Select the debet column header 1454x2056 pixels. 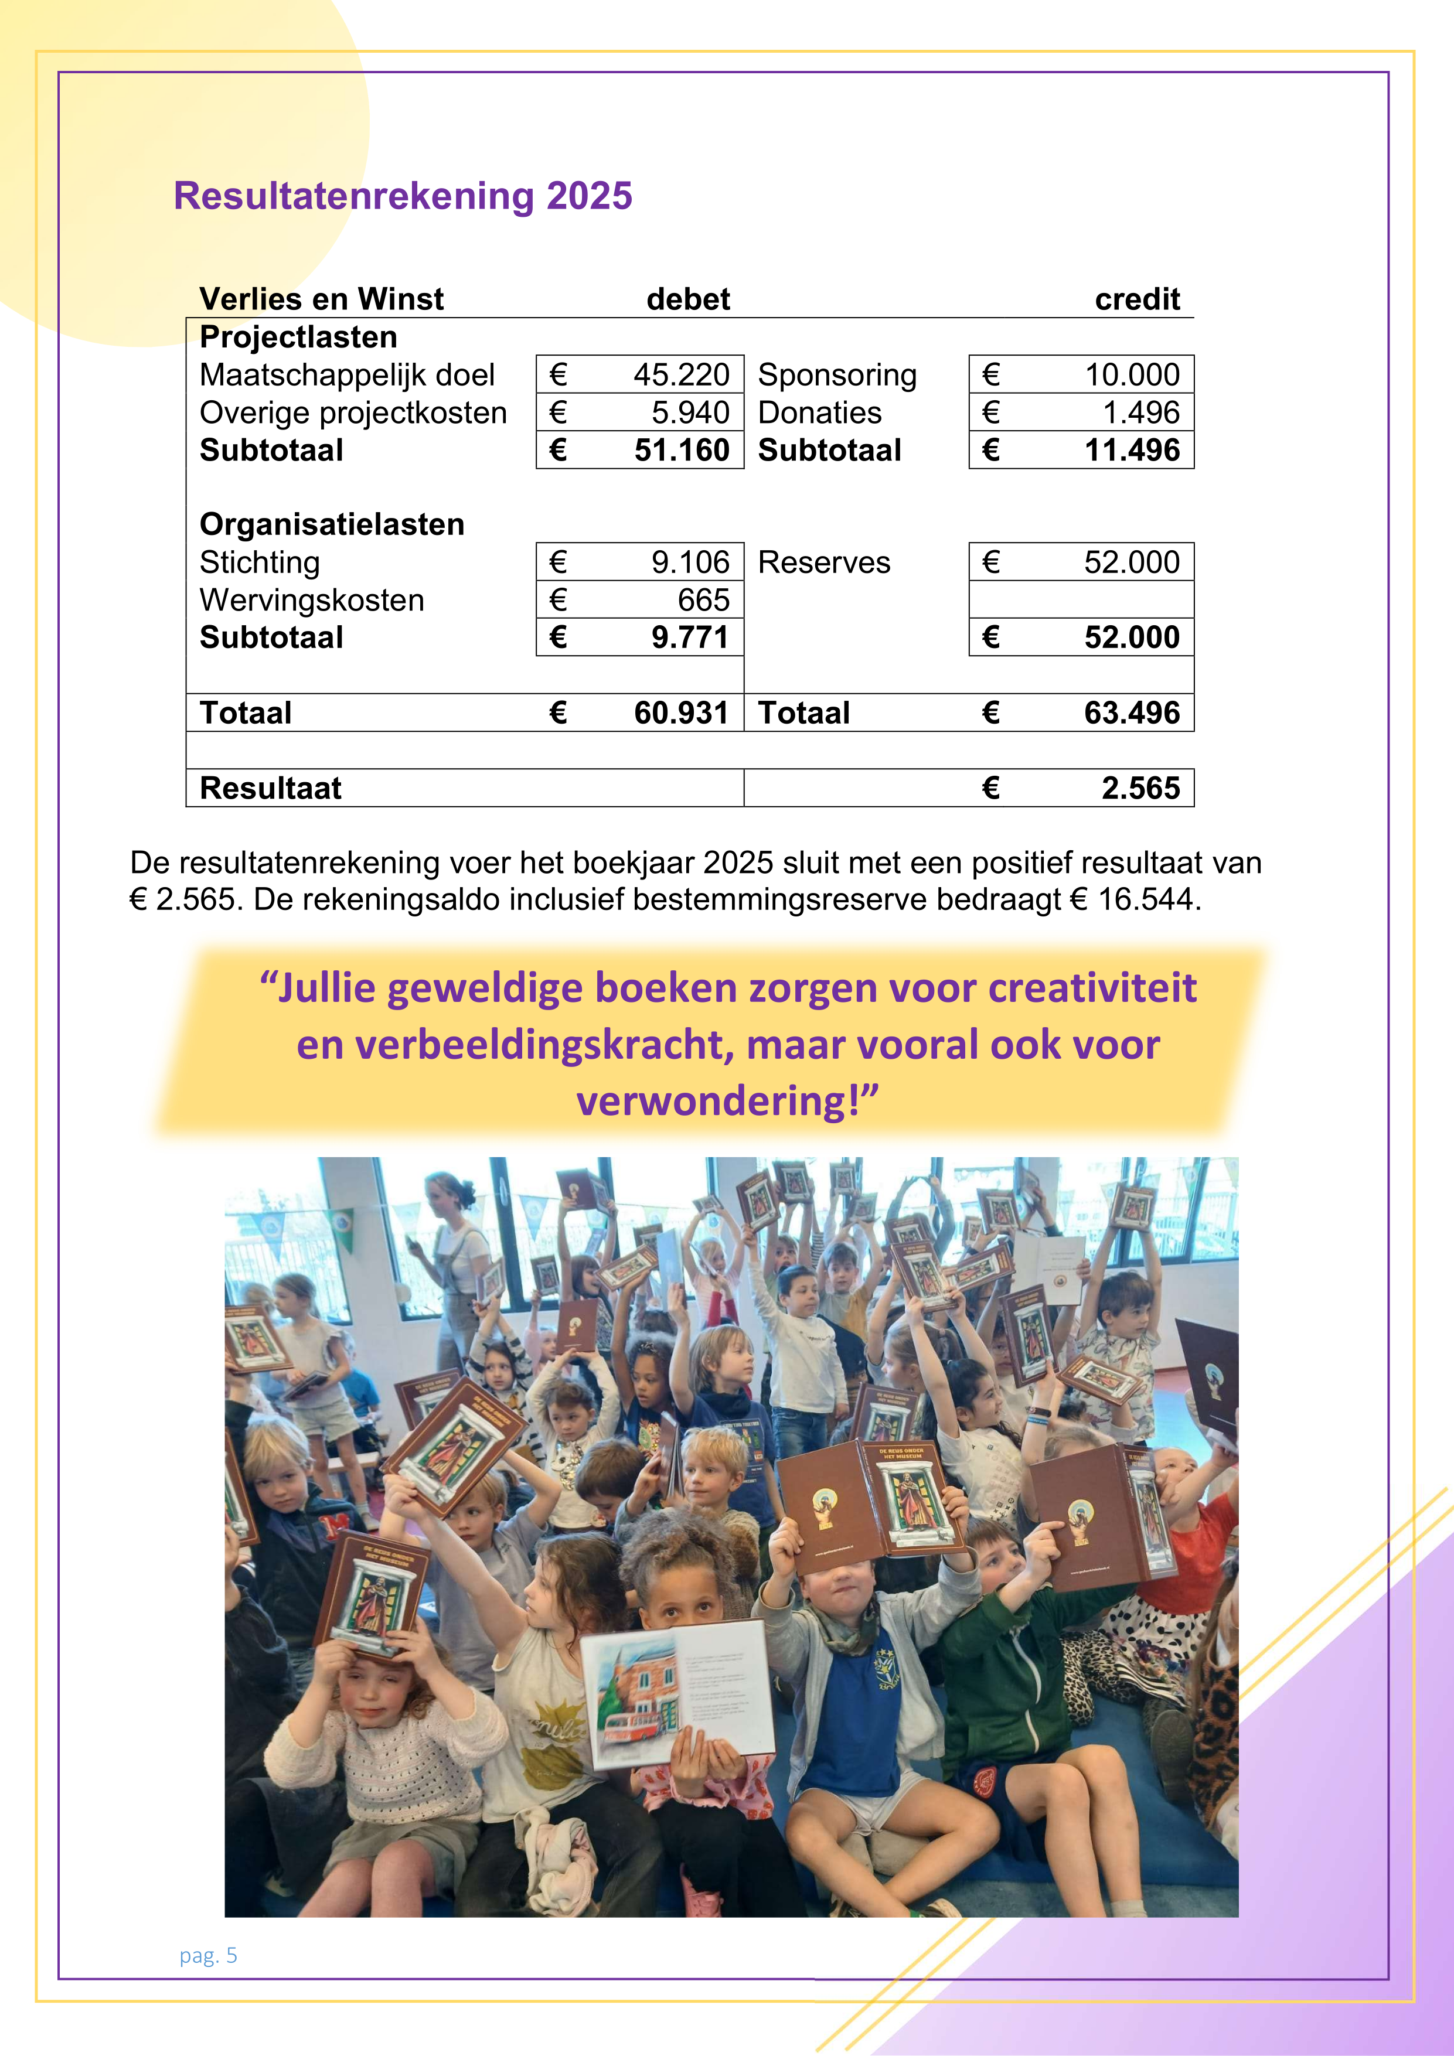point(688,299)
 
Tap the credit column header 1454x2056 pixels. point(1137,299)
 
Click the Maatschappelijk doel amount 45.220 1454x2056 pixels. point(681,374)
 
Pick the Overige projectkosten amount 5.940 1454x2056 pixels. point(690,413)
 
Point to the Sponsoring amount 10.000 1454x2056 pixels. point(1132,374)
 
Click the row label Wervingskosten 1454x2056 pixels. point(312,600)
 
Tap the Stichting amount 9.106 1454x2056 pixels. point(690,562)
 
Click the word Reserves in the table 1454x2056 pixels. point(824,562)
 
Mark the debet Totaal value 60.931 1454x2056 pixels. point(681,713)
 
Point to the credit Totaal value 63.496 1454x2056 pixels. point(1132,713)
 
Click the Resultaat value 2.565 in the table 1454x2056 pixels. point(1140,788)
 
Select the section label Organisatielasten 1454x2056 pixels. point(332,524)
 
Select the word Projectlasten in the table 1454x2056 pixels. point(298,337)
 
